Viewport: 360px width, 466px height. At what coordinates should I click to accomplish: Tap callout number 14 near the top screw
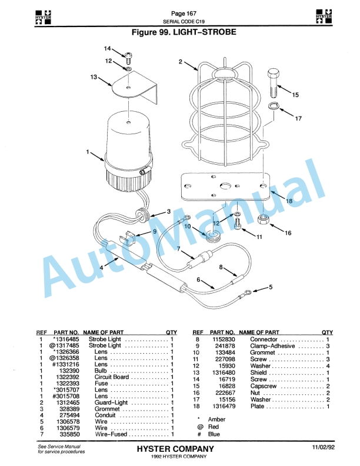[x=108, y=48]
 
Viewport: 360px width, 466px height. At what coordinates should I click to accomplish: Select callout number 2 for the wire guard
[x=180, y=61]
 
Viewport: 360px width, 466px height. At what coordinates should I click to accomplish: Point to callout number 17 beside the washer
[x=298, y=118]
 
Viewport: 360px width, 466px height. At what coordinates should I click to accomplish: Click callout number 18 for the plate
[x=289, y=201]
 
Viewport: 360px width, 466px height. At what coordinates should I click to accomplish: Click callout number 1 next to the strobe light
[x=88, y=152]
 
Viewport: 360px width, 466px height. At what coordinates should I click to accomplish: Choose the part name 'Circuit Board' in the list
[x=108, y=377]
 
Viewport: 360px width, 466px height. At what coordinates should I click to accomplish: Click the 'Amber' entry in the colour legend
[x=216, y=419]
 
